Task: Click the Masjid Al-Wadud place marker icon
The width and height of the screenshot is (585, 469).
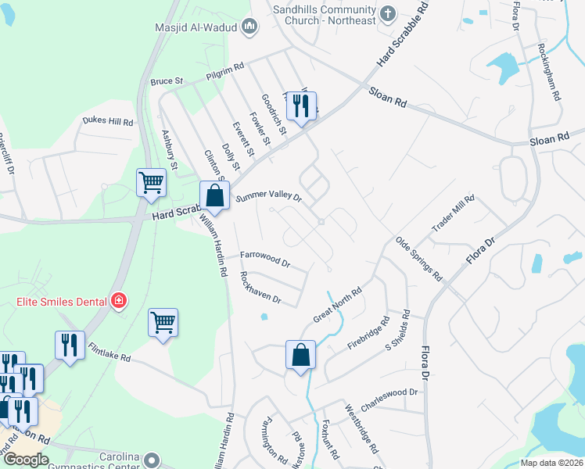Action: pyautogui.click(x=249, y=28)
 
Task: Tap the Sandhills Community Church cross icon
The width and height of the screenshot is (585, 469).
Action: pyautogui.click(x=389, y=13)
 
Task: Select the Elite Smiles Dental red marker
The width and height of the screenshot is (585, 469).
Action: pyautogui.click(x=118, y=300)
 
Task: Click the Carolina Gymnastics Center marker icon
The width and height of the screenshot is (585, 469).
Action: pyautogui.click(x=152, y=460)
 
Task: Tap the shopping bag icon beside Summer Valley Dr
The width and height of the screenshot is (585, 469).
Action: pyautogui.click(x=215, y=196)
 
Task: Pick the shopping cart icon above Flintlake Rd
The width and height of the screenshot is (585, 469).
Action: pyautogui.click(x=163, y=321)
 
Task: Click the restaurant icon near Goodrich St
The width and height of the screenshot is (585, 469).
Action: pyautogui.click(x=301, y=106)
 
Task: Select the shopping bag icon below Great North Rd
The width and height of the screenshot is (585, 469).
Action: pyautogui.click(x=300, y=355)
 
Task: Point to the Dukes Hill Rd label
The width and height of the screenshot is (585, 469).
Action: pyautogui.click(x=108, y=122)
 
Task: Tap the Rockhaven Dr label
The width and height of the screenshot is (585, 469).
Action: pyautogui.click(x=260, y=288)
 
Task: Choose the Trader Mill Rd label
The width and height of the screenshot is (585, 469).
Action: pyautogui.click(x=454, y=213)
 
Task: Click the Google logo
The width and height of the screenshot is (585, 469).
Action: pyautogui.click(x=27, y=459)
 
